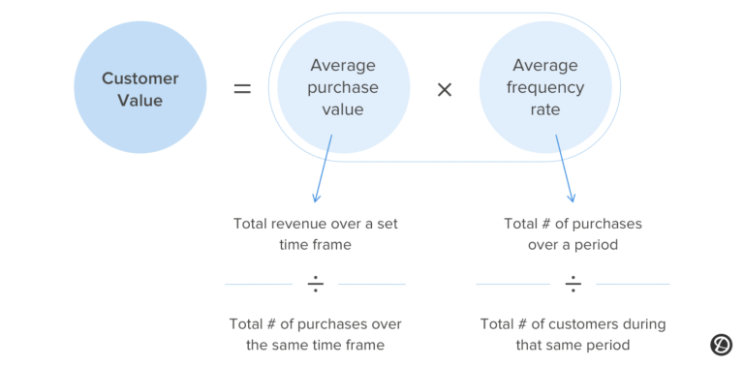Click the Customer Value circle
point(140,88)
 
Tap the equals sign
point(242,89)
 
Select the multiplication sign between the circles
point(445,89)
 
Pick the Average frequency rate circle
point(545,88)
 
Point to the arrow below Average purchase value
point(322,168)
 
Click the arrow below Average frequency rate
point(565,168)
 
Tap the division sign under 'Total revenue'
point(316,284)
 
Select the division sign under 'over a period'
point(573,284)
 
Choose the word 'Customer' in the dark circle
point(140,78)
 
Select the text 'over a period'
point(573,245)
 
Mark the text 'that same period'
point(573,345)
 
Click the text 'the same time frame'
point(315,345)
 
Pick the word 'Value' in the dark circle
point(140,100)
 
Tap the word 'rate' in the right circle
point(545,109)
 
